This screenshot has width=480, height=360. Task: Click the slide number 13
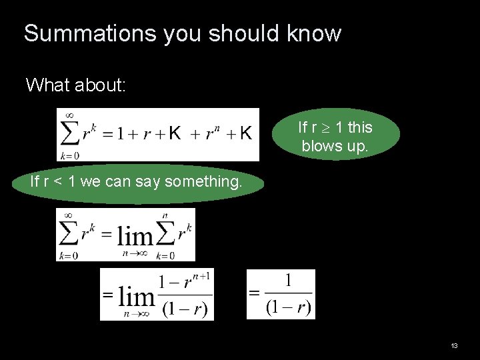point(454,346)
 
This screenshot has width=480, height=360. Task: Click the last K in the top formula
point(246,134)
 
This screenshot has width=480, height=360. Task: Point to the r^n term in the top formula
point(211,133)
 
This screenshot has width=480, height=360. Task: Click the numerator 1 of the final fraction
point(288,280)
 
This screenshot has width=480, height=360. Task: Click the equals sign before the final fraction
point(254,293)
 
